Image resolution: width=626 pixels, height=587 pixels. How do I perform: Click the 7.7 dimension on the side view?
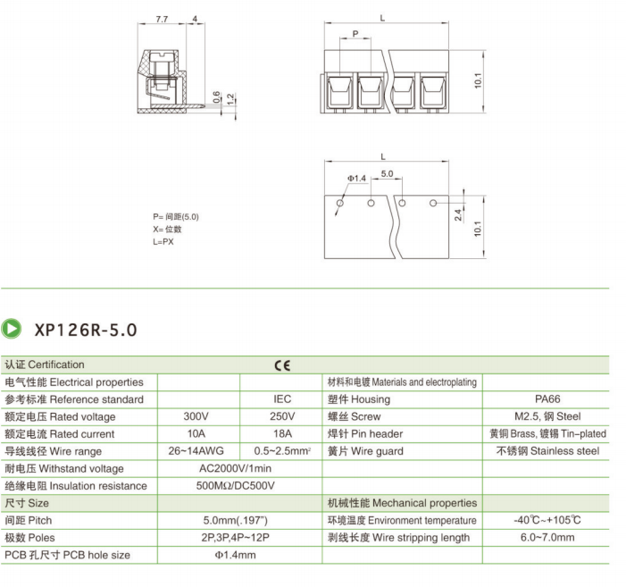click(162, 19)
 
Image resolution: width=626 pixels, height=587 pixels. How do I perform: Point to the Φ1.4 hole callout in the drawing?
click(356, 178)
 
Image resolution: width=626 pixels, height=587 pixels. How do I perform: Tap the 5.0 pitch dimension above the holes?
click(387, 173)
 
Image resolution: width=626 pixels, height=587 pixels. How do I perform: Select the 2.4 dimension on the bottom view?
click(458, 214)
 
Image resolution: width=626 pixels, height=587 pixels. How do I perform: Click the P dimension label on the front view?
click(355, 34)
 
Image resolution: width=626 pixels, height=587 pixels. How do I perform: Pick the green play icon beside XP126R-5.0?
click(12, 329)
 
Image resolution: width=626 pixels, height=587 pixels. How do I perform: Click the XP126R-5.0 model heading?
click(86, 330)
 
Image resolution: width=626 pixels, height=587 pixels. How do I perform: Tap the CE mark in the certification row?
click(282, 365)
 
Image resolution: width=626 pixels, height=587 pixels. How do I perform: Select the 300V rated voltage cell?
click(196, 416)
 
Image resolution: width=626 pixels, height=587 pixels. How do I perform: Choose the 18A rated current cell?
click(282, 433)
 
